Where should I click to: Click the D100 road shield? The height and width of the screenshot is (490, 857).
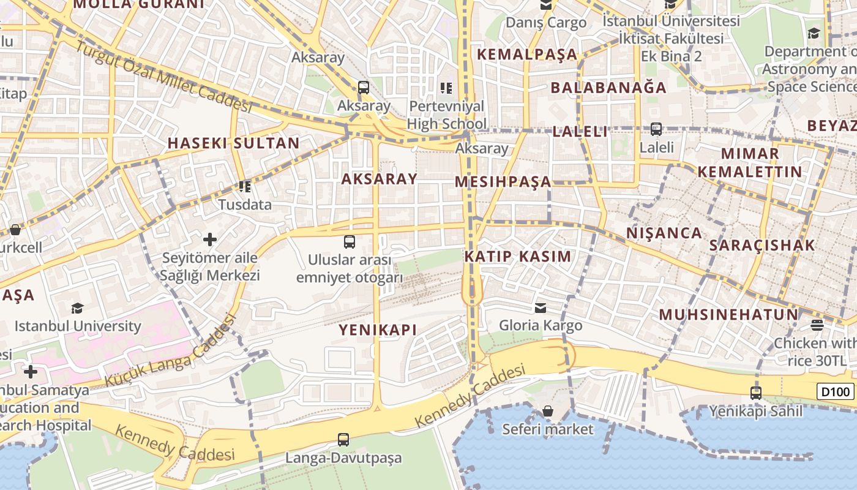835,391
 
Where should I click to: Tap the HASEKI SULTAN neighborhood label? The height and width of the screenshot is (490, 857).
234,143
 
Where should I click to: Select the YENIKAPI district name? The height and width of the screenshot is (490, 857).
378,330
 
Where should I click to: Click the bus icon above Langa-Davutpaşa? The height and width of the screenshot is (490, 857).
343,439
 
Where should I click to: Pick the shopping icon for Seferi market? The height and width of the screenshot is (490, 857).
548,411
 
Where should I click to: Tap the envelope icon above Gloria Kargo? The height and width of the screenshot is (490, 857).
541,307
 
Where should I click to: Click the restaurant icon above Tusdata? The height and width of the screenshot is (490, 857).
245,186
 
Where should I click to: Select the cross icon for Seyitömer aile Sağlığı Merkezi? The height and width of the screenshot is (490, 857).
210,239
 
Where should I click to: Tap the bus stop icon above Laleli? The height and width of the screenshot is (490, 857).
656,129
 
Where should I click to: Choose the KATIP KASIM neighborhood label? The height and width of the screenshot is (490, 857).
517,257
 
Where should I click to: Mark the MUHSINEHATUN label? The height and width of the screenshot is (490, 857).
728,315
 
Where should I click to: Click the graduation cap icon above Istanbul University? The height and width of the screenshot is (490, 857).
77,307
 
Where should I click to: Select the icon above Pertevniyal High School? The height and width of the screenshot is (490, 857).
446,88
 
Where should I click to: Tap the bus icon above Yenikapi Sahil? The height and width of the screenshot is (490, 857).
756,393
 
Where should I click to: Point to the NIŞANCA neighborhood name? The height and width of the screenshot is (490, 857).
664,233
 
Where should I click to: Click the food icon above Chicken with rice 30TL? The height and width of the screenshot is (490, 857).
817,325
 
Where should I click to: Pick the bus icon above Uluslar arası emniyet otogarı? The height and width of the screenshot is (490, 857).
350,242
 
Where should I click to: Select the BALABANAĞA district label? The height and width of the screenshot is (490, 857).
608,88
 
